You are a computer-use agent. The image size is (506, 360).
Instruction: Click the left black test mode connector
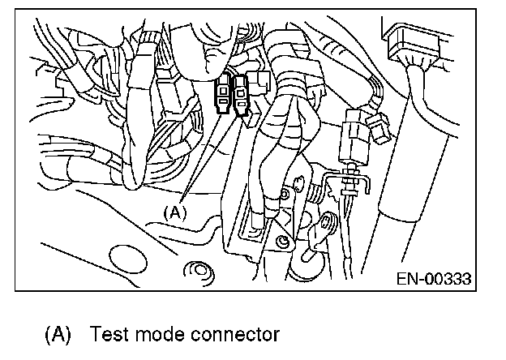[x=222, y=95]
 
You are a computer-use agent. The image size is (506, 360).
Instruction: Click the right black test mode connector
[x=241, y=96]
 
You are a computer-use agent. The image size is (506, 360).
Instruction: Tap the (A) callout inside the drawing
[x=176, y=212]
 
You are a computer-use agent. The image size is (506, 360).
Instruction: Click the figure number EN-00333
[x=433, y=279]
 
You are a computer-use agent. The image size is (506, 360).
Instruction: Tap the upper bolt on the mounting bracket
[x=285, y=195]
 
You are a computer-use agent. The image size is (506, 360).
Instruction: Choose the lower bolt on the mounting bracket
[x=280, y=241]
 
